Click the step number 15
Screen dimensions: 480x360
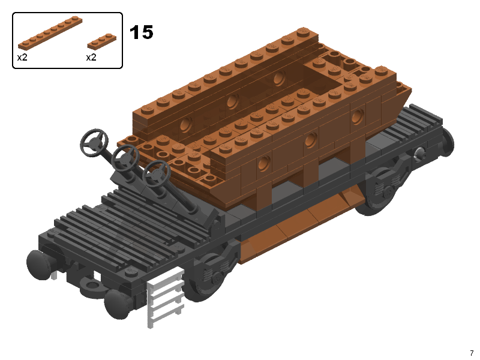point(141,32)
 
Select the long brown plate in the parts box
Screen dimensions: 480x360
point(50,33)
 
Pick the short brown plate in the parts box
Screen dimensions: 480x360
point(101,41)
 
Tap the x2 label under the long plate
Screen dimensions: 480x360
point(22,57)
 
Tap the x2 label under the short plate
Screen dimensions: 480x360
point(91,57)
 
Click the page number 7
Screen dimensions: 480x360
point(472,353)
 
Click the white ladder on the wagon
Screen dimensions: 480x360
point(166,297)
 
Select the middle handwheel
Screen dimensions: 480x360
point(125,159)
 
